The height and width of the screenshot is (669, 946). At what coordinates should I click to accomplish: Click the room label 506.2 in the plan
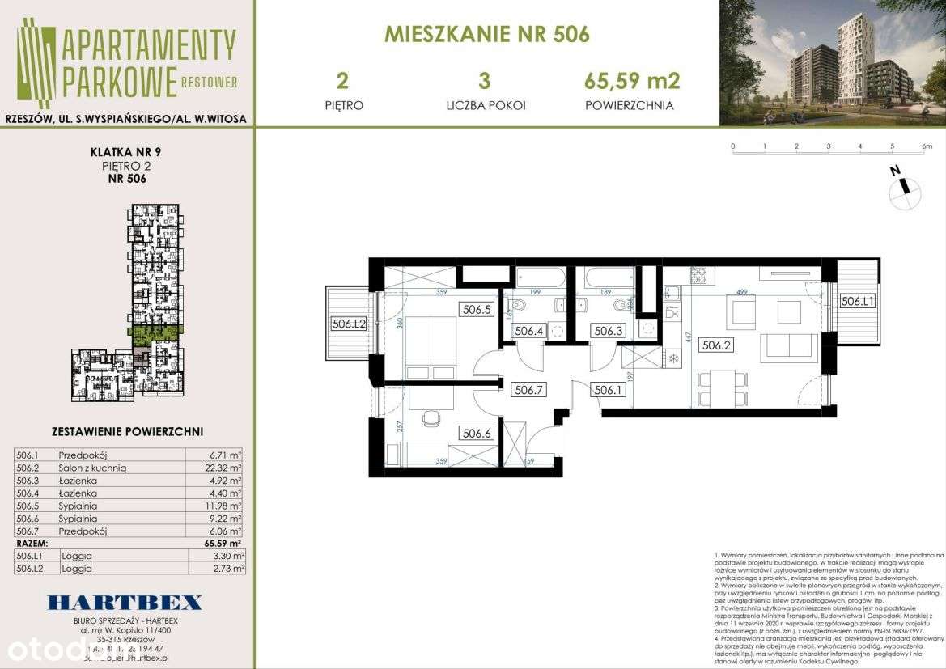pos(716,345)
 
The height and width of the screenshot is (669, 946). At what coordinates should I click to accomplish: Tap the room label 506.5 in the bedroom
pos(476,308)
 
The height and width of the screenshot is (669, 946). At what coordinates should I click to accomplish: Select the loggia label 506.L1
pos(856,302)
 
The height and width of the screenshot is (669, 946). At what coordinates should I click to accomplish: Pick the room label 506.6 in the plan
pos(476,433)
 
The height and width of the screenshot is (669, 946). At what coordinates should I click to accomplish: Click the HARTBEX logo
pos(125,602)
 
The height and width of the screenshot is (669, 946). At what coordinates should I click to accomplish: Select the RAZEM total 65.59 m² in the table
pos(224,544)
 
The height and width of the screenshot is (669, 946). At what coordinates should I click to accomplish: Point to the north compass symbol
pos(905,188)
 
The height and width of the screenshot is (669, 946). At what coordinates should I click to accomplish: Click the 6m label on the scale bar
pos(927,146)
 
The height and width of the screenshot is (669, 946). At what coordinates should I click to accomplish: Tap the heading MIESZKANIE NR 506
pos(486,35)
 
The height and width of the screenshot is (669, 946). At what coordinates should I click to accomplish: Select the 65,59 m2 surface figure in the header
pos(631,81)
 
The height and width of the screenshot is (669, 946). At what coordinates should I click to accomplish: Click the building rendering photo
pos(832,63)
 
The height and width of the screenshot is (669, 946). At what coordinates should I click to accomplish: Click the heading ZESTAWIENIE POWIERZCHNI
pos(127,432)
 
